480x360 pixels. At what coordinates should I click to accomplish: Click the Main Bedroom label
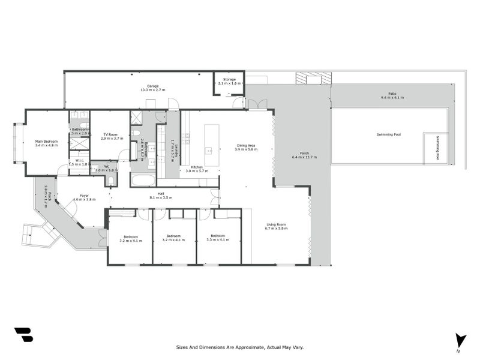[x=46, y=141]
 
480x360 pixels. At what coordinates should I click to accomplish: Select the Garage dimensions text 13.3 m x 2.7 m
[x=153, y=90]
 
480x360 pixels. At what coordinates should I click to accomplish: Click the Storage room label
[x=229, y=79]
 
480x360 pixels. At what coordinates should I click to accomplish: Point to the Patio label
[x=392, y=94]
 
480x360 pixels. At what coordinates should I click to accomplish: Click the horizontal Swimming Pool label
[x=388, y=134]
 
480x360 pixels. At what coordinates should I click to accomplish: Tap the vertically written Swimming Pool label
[x=437, y=148]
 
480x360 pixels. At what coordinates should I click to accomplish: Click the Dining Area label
[x=247, y=145]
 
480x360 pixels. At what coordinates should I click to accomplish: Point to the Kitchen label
[x=197, y=167]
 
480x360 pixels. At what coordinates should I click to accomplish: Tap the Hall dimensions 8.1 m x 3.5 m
[x=161, y=197]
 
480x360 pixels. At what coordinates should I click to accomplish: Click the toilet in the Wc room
[x=111, y=180]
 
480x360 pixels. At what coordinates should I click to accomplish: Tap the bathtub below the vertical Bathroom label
[x=143, y=180]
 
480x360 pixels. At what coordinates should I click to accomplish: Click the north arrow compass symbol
[x=460, y=340]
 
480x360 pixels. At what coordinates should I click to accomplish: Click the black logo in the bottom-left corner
[x=23, y=335]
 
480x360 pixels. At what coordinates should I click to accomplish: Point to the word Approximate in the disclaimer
[x=237, y=347]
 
